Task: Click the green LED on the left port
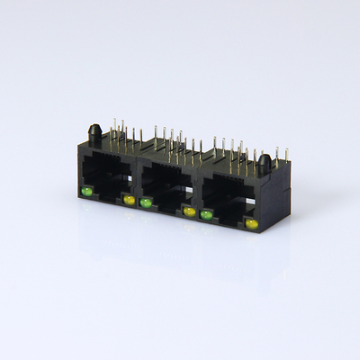[x=87, y=192]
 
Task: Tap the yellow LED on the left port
[x=129, y=200]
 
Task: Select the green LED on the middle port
[x=146, y=203]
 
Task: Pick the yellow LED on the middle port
[x=189, y=211]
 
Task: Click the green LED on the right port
[x=207, y=214]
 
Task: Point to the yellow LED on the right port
[x=251, y=222]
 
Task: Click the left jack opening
[x=107, y=179]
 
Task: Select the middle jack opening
[x=166, y=190]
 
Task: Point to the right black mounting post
[x=265, y=165]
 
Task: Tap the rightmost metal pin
[x=286, y=155]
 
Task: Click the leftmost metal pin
[x=112, y=126]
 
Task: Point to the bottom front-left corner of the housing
[x=80, y=199]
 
